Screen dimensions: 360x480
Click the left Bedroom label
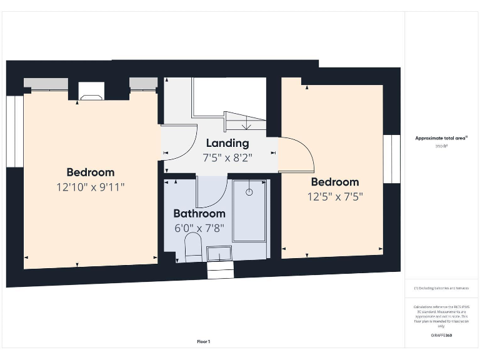tap(91, 172)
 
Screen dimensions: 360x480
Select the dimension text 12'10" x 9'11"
tap(91, 187)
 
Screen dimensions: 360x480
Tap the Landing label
tap(227, 143)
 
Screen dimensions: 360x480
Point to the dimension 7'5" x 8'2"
tap(227, 157)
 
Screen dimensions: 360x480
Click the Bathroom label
tap(199, 213)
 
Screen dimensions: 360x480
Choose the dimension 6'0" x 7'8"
tap(199, 228)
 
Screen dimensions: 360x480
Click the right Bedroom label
tap(335, 182)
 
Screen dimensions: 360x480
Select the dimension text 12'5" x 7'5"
tap(335, 196)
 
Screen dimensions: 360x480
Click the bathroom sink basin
tap(219, 253)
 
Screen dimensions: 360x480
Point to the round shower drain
tap(249, 192)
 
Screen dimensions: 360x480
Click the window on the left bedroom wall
tap(14, 131)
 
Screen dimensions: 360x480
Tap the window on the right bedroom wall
tap(392, 159)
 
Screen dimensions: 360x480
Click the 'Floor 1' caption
tap(204, 342)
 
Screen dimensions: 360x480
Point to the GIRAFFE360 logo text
tap(442, 336)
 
